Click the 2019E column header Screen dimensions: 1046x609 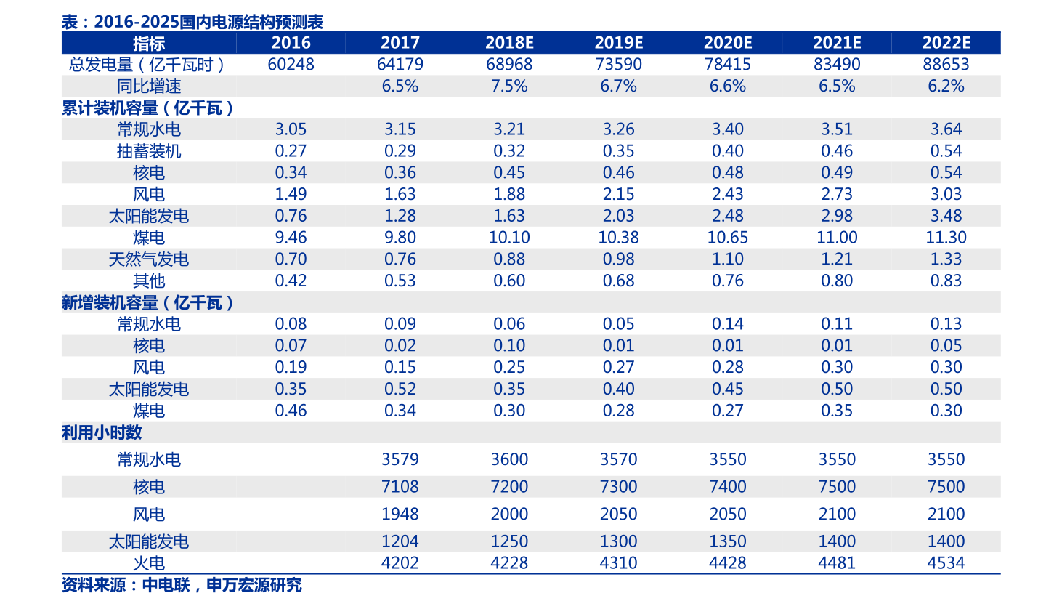618,42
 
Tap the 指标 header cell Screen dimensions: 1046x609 149,43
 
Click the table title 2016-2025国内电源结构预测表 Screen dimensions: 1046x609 208,22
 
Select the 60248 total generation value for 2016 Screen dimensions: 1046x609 291,64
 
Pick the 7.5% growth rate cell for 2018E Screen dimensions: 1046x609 509,86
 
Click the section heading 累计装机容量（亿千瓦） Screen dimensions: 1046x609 147,108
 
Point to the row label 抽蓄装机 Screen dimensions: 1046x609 149,151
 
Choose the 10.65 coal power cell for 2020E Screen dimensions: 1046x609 728,237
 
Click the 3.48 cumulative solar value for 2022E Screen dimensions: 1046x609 946,216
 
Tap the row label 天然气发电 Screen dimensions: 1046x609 149,259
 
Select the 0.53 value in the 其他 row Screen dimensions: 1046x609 400,281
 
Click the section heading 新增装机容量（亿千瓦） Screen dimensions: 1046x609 147,302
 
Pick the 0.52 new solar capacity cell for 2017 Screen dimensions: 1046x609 400,389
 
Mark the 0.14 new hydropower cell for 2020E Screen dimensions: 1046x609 728,324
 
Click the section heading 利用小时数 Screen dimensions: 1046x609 102,432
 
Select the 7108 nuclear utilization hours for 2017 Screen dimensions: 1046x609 400,487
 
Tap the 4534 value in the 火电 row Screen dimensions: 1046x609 946,562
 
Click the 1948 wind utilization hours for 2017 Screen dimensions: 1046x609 400,515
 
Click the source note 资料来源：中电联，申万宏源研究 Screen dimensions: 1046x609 182,585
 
